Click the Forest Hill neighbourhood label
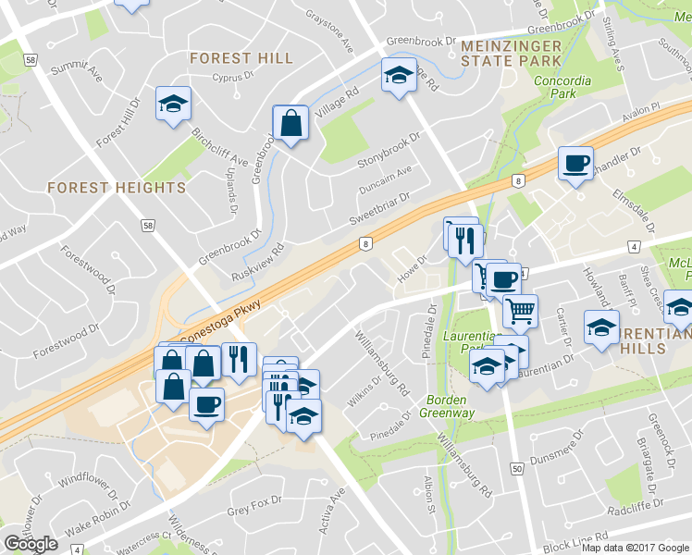click(x=241, y=58)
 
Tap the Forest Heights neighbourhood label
click(x=116, y=188)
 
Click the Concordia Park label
click(x=562, y=87)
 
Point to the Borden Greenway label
click(x=451, y=406)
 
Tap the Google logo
click(x=31, y=544)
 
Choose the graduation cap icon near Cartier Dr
click(x=601, y=327)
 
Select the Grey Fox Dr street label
click(x=253, y=509)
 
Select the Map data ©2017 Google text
click(x=635, y=548)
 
